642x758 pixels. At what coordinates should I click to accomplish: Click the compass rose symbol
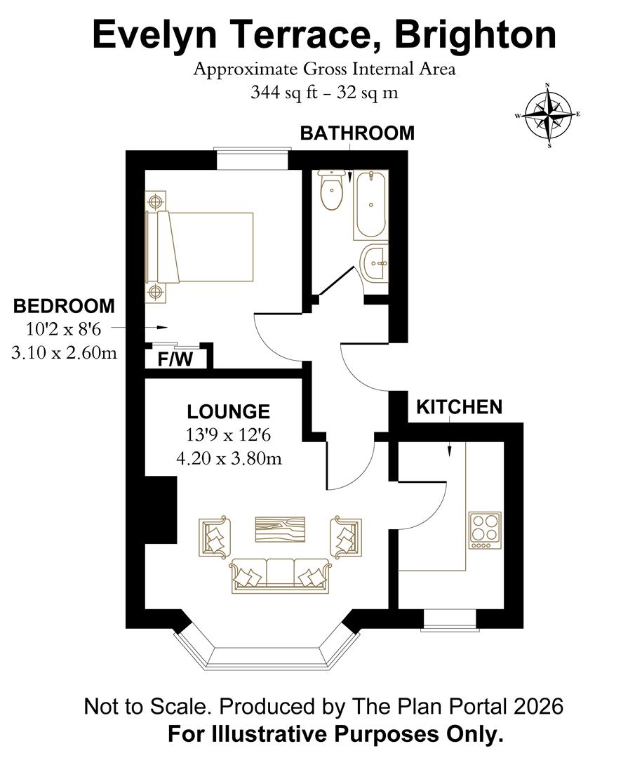548,116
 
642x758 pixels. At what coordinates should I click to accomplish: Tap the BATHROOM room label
357,133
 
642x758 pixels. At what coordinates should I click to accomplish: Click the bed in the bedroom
200,247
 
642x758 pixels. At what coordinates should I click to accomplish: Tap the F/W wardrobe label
173,360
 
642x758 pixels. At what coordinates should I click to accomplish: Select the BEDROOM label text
64,306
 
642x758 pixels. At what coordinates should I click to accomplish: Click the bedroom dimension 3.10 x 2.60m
64,353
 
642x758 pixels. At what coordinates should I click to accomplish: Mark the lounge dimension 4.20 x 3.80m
229,458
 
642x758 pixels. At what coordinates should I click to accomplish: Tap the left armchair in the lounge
215,538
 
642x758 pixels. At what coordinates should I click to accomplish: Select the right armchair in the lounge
347,538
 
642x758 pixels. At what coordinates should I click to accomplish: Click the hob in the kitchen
485,530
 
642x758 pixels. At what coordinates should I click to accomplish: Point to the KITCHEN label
460,407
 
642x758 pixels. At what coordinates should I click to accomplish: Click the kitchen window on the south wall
450,620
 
